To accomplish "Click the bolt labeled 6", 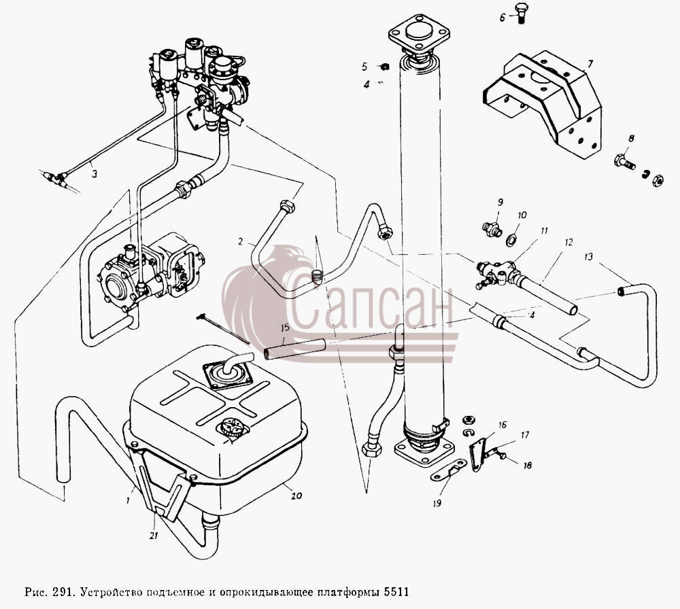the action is pos(520,14).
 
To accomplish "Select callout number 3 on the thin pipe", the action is pos(94,174).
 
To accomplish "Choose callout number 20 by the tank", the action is pos(296,495).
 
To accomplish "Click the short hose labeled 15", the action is pos(295,349).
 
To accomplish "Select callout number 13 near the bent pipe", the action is pos(588,257).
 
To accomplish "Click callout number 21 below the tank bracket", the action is pos(154,536).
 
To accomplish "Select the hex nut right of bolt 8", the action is pos(658,179).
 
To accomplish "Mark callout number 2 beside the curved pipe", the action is pos(241,241).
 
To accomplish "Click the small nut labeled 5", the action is pos(384,67).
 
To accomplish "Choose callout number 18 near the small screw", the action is pos(527,466).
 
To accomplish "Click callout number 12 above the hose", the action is pos(568,242).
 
